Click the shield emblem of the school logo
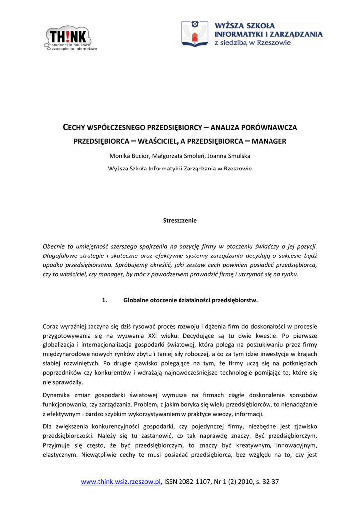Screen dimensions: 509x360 (194, 34)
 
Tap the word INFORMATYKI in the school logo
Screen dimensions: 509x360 (238, 34)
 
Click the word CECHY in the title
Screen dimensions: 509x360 (76, 128)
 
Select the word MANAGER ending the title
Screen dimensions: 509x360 (270, 141)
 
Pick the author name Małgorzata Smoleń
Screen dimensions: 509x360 (178, 156)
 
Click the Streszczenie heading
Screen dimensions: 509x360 (180, 220)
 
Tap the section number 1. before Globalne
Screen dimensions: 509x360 (104, 300)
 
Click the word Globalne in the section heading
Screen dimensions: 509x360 (138, 300)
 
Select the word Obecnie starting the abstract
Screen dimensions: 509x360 (55, 246)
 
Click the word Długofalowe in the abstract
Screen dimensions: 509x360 (61, 255)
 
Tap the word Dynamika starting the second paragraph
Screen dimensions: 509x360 (57, 395)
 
